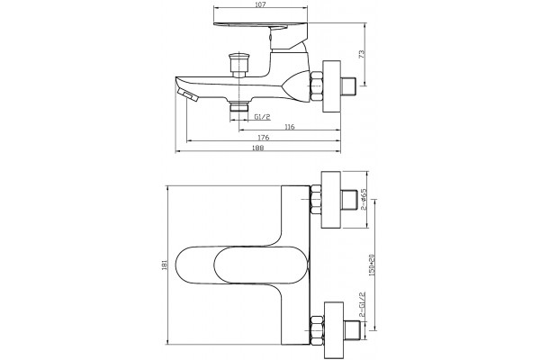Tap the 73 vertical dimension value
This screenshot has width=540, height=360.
click(x=362, y=54)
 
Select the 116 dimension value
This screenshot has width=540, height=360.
click(x=290, y=127)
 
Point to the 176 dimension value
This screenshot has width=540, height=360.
click(x=263, y=138)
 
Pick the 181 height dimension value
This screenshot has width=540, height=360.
click(x=165, y=265)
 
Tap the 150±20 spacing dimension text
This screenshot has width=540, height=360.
click(x=371, y=265)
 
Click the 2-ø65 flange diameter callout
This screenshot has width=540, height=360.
click(x=364, y=200)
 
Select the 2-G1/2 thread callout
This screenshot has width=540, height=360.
click(x=362, y=305)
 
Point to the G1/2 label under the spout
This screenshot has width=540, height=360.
click(x=263, y=117)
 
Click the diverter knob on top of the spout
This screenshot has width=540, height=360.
click(x=239, y=65)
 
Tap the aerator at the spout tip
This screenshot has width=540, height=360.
click(x=188, y=94)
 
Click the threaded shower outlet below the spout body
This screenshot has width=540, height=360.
click(x=239, y=106)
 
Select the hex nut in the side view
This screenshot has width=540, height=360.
click(x=317, y=86)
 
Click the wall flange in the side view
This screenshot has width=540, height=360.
click(x=331, y=86)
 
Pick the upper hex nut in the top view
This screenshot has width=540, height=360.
click(x=316, y=200)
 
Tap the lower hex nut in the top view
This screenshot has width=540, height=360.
click(x=317, y=330)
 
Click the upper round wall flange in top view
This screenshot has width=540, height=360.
click(x=331, y=200)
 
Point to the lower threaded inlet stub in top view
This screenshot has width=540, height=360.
click(x=352, y=330)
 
